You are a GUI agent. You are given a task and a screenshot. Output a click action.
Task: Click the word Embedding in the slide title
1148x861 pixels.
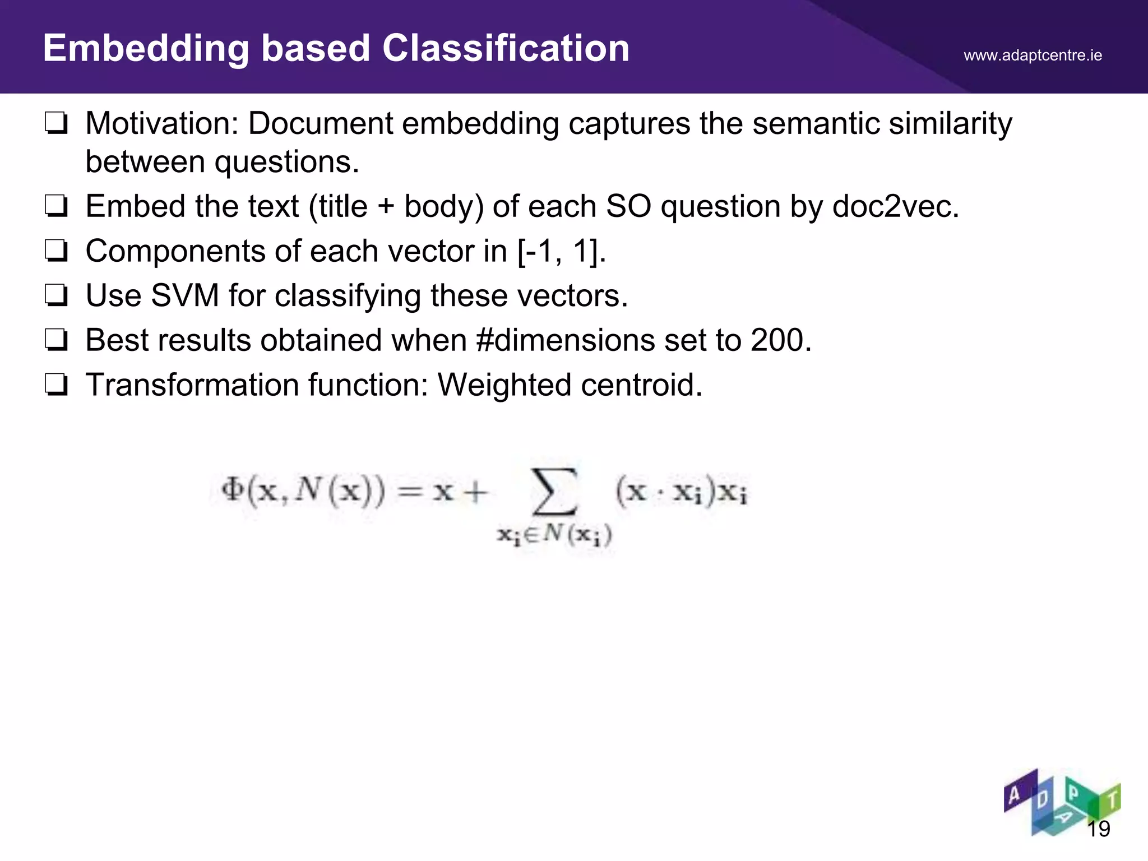(146, 49)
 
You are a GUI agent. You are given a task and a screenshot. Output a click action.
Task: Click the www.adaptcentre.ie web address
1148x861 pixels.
(1033, 55)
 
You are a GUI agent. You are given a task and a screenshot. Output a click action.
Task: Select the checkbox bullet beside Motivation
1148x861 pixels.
(57, 123)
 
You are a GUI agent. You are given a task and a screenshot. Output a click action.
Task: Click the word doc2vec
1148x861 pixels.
(895, 206)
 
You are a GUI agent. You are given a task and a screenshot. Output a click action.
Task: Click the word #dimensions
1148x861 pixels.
(565, 340)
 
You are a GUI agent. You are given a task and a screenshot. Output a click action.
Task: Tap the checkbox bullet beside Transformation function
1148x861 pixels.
(57, 385)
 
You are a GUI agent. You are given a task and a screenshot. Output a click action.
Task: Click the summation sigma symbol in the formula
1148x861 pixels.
(554, 492)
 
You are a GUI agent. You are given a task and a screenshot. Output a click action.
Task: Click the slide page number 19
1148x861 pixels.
(1098, 828)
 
